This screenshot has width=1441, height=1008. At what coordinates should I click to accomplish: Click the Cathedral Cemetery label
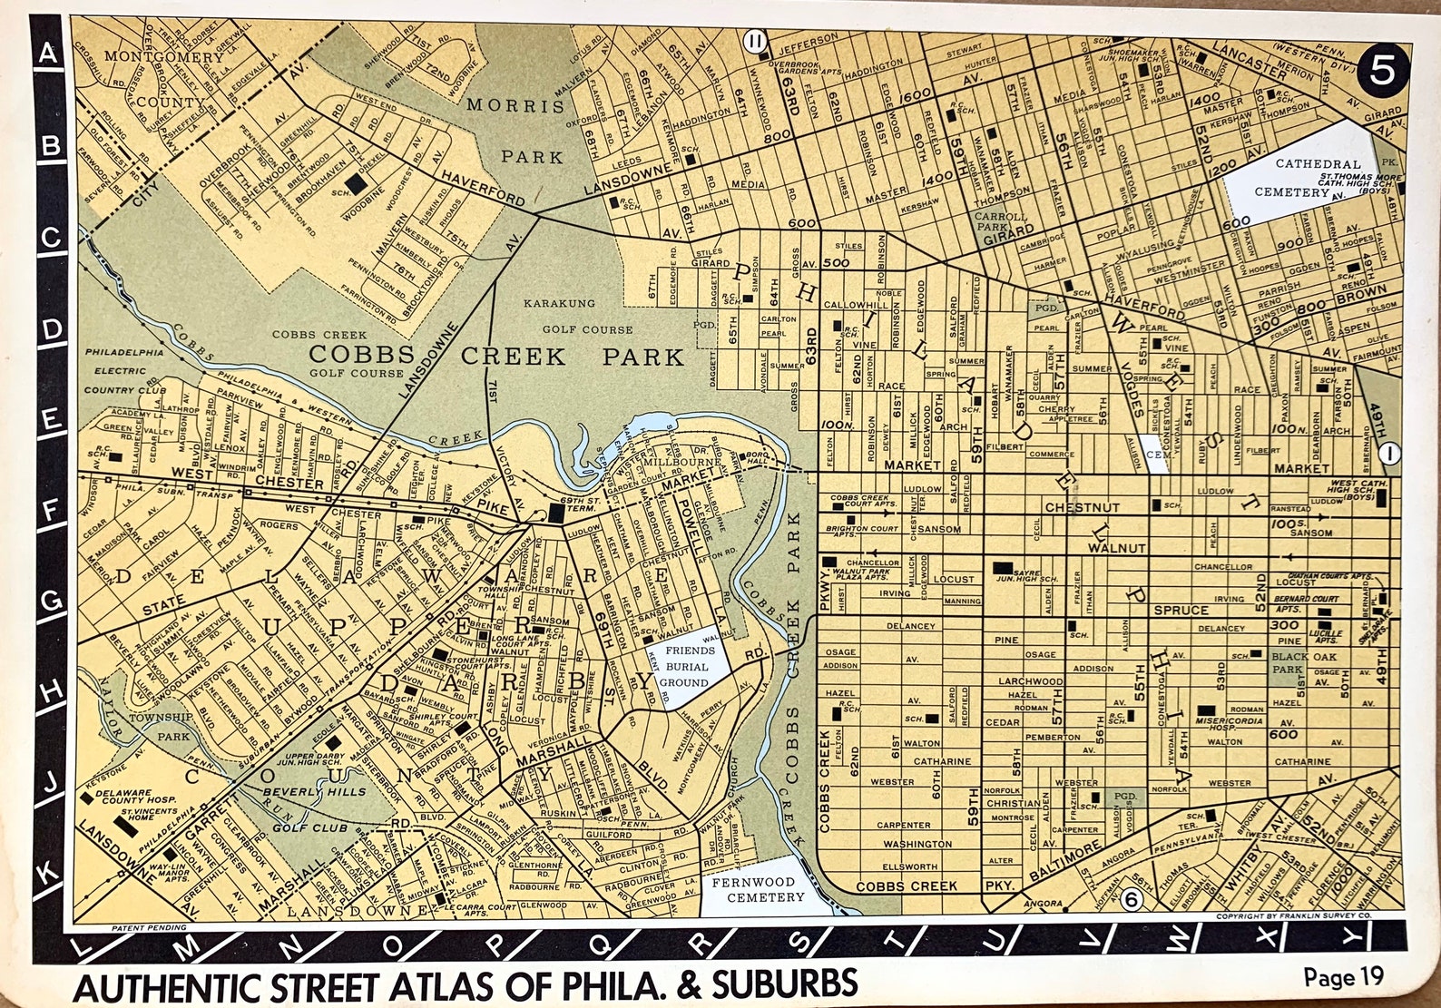point(1291,178)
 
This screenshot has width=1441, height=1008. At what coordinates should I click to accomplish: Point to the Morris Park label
point(517,131)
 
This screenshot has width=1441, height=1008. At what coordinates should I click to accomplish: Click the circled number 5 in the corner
point(1379,70)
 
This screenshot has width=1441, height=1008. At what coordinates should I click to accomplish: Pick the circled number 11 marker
point(754,41)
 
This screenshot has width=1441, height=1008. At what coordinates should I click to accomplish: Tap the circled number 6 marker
point(1131,899)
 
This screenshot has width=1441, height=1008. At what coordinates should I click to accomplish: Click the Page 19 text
point(1343,977)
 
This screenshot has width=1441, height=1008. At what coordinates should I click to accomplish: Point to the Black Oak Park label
point(1289,662)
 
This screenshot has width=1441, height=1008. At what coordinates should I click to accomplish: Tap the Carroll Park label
point(1000,223)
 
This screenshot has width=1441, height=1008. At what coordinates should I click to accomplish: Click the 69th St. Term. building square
point(554,514)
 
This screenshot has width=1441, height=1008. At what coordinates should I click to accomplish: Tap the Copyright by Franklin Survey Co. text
point(1305,918)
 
